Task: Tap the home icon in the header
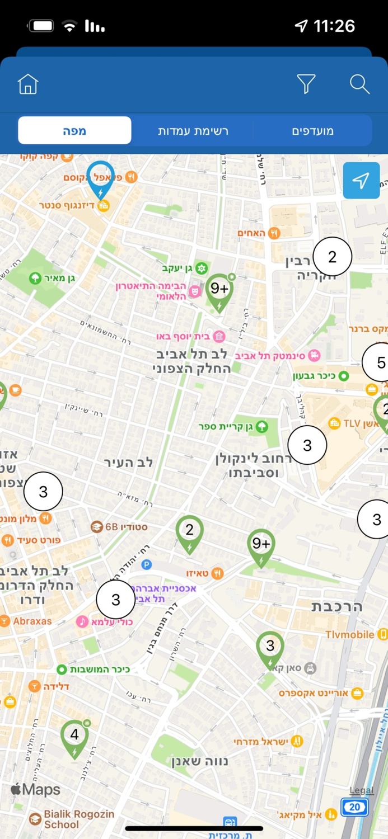[28, 84]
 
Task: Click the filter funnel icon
[306, 84]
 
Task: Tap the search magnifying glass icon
[359, 84]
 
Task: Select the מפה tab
[74, 131]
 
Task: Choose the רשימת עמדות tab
[193, 131]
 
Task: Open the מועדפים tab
[312, 131]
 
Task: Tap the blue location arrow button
[361, 181]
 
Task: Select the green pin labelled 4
[74, 736]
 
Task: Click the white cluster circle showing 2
[332, 257]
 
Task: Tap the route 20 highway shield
[354, 807]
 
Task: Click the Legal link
[361, 790]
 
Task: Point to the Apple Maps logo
[36, 789]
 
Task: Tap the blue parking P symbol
[147, 565]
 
